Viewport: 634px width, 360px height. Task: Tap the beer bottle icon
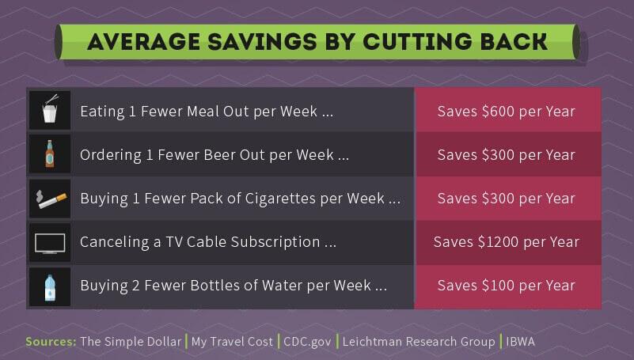click(50, 153)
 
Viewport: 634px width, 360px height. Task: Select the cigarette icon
click(51, 199)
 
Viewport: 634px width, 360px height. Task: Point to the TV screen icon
click(50, 243)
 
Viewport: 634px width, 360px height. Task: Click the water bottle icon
click(50, 288)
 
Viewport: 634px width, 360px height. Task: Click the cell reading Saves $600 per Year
click(508, 110)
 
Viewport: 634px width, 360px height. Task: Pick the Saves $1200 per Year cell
click(508, 242)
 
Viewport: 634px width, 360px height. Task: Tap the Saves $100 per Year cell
click(508, 286)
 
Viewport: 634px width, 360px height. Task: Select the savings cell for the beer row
click(508, 154)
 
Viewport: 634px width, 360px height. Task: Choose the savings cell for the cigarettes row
click(508, 199)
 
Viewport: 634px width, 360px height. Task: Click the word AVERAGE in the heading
click(144, 42)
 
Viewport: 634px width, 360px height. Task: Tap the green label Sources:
click(51, 342)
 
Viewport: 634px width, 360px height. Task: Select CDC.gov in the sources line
click(307, 342)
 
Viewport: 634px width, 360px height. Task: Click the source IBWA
click(520, 342)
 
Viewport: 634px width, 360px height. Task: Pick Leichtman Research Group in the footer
click(419, 342)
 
